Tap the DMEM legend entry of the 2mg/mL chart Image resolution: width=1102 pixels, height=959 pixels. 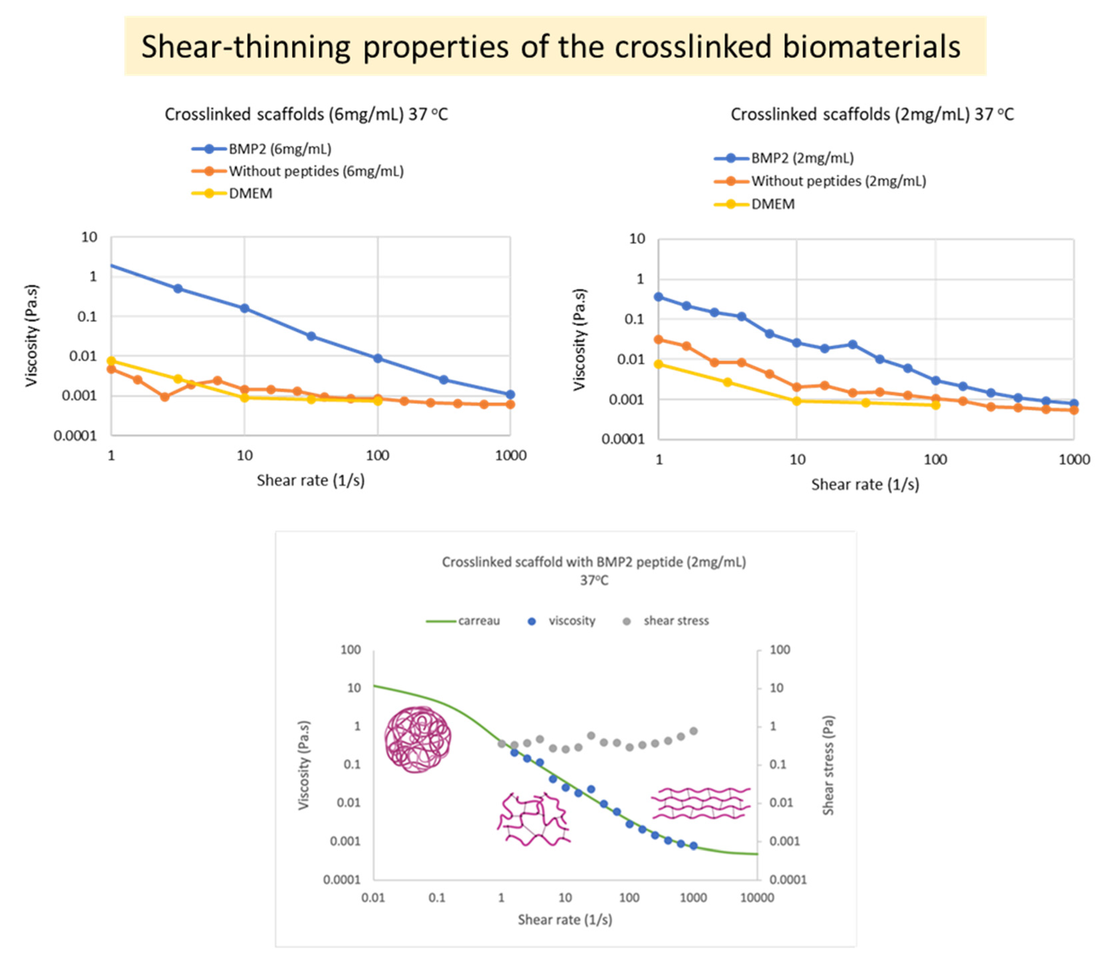click(x=773, y=204)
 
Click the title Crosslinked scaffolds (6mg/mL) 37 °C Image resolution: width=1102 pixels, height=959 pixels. click(x=306, y=115)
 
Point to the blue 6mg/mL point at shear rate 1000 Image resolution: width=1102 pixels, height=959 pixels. click(x=510, y=394)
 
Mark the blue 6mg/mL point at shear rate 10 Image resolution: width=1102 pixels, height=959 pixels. click(x=245, y=308)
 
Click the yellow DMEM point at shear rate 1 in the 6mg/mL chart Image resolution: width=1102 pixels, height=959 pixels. click(x=111, y=361)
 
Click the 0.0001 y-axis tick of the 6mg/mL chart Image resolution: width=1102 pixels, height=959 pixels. click(x=75, y=436)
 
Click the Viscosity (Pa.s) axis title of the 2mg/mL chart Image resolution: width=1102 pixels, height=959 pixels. click(x=579, y=339)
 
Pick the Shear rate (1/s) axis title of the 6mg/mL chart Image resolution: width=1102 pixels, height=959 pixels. click(x=310, y=481)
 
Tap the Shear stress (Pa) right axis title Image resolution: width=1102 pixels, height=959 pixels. click(x=828, y=765)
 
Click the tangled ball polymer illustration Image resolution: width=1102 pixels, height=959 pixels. click(x=418, y=739)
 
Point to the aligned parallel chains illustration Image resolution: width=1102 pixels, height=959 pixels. click(x=701, y=803)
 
